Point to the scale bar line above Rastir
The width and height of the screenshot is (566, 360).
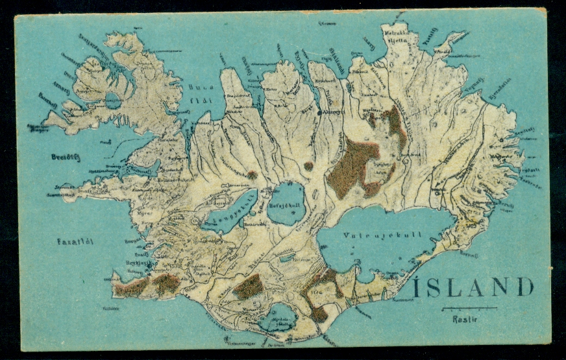coord(469,308)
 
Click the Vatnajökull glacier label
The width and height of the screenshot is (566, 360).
coord(384,235)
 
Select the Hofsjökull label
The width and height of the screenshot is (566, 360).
coord(284,206)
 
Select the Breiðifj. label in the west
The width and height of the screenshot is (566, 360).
coord(65,157)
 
